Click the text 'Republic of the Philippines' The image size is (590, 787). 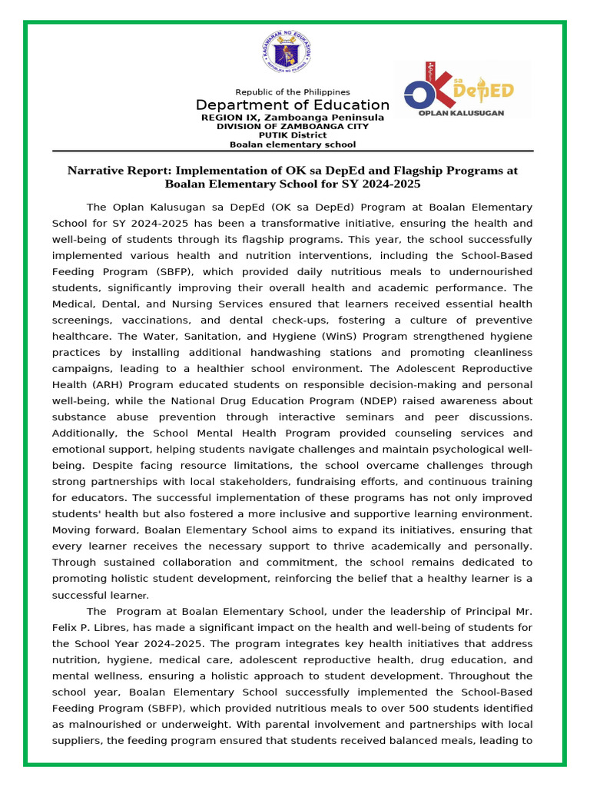(x=292, y=92)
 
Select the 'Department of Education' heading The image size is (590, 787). (x=292, y=105)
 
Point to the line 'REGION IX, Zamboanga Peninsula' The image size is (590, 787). (x=292, y=118)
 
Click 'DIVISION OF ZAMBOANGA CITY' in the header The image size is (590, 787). (x=292, y=126)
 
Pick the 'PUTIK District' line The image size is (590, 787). (x=292, y=135)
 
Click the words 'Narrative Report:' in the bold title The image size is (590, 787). (x=119, y=170)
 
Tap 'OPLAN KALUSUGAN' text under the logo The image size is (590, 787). (x=461, y=112)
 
